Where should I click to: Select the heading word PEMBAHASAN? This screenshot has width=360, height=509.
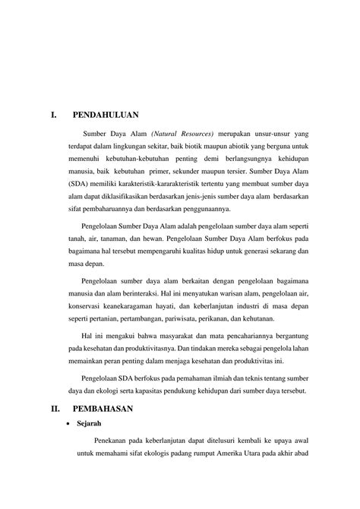(103, 408)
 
